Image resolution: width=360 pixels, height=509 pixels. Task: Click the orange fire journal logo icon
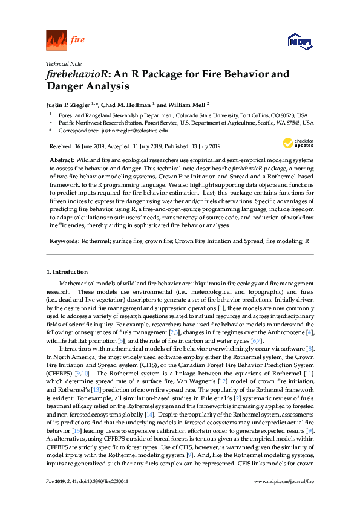pos(56,41)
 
